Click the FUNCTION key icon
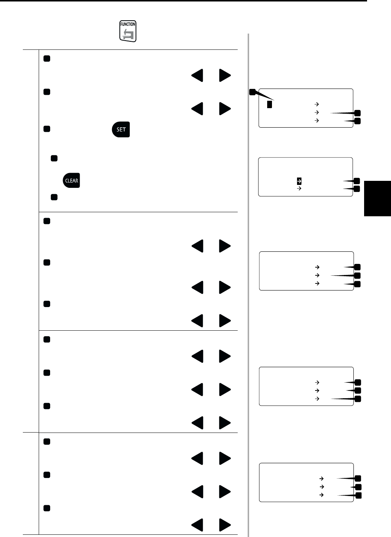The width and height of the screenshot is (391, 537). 128,31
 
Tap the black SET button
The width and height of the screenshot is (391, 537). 121,130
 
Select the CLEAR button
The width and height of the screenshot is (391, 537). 71,180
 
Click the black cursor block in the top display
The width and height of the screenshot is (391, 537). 269,104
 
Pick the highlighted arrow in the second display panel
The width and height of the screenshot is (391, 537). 299,181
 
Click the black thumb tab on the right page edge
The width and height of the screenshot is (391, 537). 377,198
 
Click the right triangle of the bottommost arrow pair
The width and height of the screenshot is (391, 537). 225,525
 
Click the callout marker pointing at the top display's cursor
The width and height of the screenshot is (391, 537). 252,92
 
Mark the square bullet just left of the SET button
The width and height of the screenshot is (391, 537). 46,129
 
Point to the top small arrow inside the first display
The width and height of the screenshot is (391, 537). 317,104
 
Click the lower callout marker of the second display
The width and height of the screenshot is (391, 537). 356,189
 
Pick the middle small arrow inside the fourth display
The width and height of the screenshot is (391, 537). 317,390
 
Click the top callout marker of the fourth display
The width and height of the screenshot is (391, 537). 357,383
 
